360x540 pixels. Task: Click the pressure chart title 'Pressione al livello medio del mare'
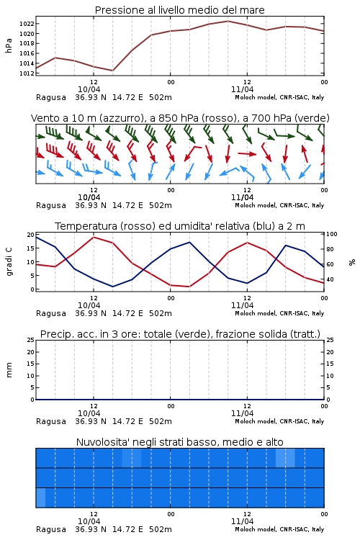179,10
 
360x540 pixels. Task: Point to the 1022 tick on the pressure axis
27,24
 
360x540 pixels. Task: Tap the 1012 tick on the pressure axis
27,73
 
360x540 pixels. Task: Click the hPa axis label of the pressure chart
9,45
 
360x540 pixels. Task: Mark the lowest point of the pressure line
112,71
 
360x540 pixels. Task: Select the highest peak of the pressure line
228,21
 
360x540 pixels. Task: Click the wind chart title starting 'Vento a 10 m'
180,118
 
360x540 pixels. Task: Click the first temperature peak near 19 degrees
94,237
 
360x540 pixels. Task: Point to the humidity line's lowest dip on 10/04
112,287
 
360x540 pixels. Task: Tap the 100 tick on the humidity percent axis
332,234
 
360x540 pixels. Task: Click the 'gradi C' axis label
9,262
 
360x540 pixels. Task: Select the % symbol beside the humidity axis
352,262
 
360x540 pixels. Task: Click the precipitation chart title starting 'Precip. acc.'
180,334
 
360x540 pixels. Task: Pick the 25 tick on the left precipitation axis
31,340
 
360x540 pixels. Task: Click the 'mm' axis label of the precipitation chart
9,370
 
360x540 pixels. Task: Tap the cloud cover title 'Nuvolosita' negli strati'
179,442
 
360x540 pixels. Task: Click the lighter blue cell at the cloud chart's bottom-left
40,498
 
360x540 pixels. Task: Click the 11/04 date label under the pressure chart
242,89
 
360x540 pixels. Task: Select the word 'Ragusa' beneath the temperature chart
51,313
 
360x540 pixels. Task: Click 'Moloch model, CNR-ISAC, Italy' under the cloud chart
279,529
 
